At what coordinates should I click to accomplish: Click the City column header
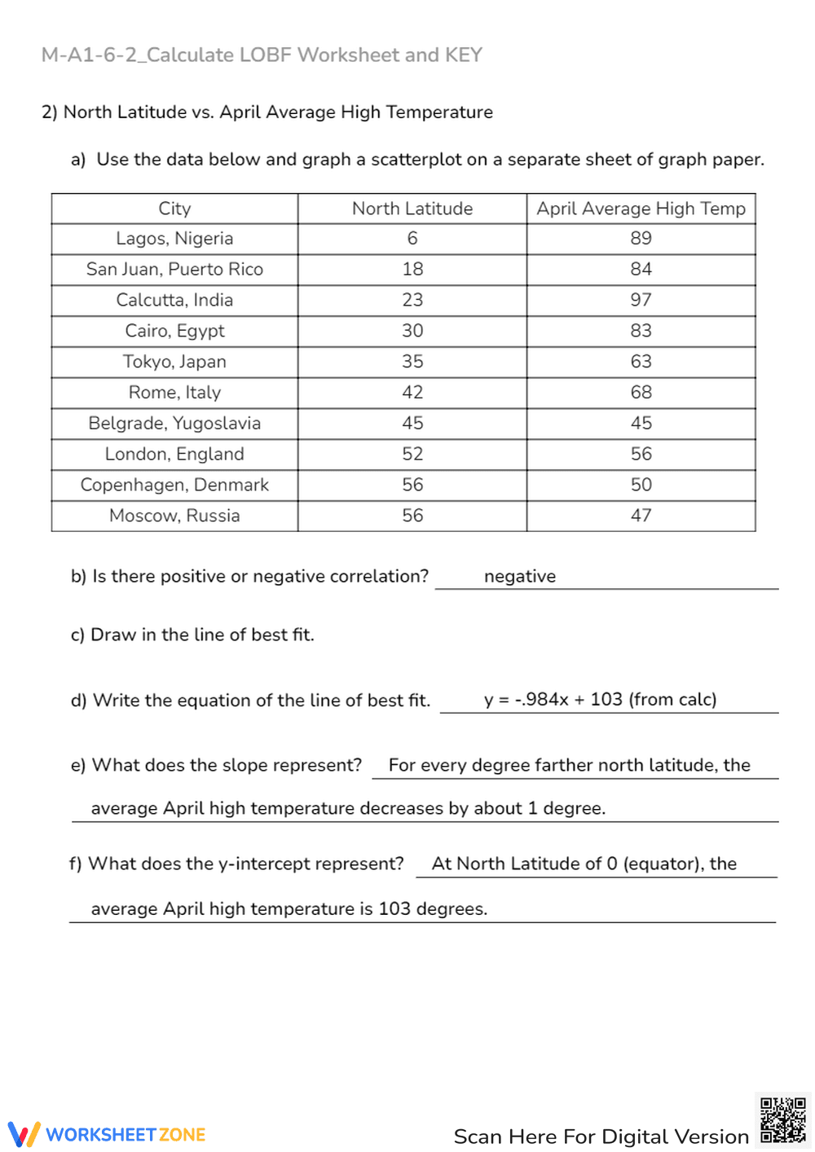coord(174,209)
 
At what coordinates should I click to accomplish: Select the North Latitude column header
coord(412,209)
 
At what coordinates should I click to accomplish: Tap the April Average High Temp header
coord(641,209)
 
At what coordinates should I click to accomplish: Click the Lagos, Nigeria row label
coord(174,239)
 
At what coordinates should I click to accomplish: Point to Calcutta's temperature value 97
coord(641,300)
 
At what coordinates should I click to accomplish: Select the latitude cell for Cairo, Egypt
coord(412,331)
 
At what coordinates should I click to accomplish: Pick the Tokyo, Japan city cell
coord(174,362)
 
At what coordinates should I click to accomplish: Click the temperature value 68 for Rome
coord(641,393)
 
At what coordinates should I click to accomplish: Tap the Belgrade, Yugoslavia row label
coord(174,424)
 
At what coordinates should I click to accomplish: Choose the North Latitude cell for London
coord(412,454)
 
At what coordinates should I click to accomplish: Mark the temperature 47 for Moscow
coord(641,516)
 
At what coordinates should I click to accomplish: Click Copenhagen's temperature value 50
coord(641,485)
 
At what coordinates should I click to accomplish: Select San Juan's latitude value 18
coord(412,269)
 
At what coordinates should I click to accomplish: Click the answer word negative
coord(520,577)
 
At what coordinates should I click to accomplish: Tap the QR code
coord(783,1120)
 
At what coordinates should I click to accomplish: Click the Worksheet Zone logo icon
coord(24,1134)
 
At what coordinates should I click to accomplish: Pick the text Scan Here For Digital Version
coord(601,1137)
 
